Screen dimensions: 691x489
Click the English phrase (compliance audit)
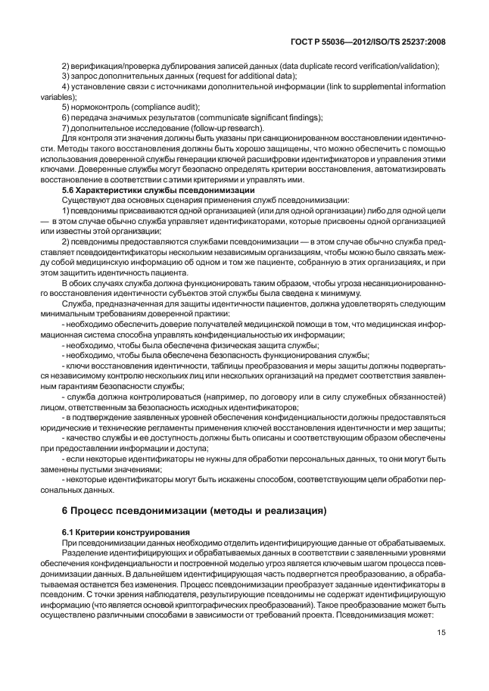click(144, 107)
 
